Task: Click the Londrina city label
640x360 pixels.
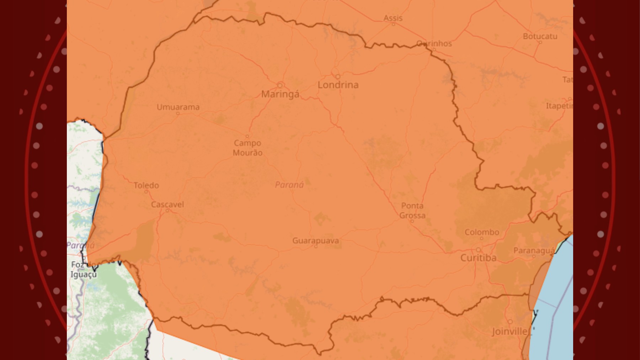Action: pyautogui.click(x=338, y=85)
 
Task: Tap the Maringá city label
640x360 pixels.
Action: pyautogui.click(x=280, y=94)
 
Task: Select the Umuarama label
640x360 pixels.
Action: pyautogui.click(x=178, y=107)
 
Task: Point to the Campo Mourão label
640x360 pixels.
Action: pyautogui.click(x=247, y=148)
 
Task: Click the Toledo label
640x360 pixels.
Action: pyautogui.click(x=146, y=185)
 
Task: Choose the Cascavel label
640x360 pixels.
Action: pyautogui.click(x=167, y=205)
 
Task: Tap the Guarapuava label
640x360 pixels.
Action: pyautogui.click(x=315, y=241)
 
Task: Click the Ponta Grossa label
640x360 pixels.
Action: pyautogui.click(x=412, y=211)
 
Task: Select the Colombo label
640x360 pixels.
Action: pyautogui.click(x=482, y=232)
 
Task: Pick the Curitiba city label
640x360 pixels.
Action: pyautogui.click(x=478, y=258)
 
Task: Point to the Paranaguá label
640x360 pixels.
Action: pyautogui.click(x=534, y=251)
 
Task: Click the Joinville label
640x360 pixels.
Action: pyautogui.click(x=510, y=332)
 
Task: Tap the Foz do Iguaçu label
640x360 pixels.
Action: pyautogui.click(x=83, y=270)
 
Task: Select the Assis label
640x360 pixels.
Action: pyautogui.click(x=393, y=18)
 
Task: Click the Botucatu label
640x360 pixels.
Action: pyautogui.click(x=540, y=36)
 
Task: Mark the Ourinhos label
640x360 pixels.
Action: pyautogui.click(x=434, y=43)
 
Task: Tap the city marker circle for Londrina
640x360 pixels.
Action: pyautogui.click(x=338, y=76)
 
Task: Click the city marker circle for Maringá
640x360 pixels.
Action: pyautogui.click(x=280, y=85)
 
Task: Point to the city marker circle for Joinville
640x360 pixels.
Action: pyautogui.click(x=510, y=322)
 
